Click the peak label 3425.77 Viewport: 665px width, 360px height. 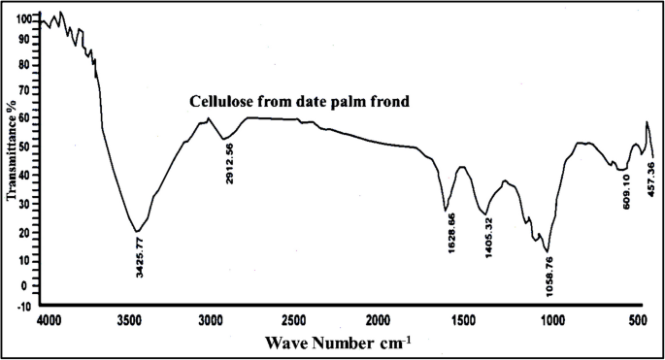[x=142, y=256]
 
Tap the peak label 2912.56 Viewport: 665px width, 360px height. [x=229, y=163]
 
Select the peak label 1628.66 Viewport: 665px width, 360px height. [x=449, y=238]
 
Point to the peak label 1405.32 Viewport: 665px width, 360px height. [x=489, y=238]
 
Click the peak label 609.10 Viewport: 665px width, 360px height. [x=627, y=191]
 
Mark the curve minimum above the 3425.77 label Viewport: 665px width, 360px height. [x=138, y=232]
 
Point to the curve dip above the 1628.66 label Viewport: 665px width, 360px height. [x=446, y=210]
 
